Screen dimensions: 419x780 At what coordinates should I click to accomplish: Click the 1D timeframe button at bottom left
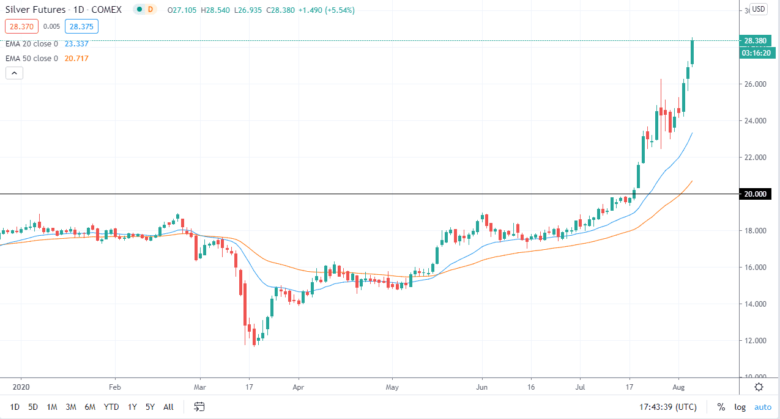click(x=15, y=407)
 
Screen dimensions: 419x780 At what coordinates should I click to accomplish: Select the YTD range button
click(x=111, y=407)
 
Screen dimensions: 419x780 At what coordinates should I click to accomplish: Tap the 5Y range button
click(x=150, y=407)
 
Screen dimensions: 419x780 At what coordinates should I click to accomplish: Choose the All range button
click(x=168, y=407)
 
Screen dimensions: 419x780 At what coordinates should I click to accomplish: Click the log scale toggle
click(x=740, y=407)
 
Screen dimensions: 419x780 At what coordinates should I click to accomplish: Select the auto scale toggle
click(x=762, y=407)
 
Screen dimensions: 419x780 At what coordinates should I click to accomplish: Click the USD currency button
click(x=759, y=9)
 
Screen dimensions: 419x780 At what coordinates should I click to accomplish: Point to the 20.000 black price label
click(x=754, y=194)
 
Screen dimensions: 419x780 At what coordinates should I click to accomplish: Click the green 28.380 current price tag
click(x=754, y=41)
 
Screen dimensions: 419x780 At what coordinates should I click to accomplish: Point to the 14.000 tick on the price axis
click(x=756, y=304)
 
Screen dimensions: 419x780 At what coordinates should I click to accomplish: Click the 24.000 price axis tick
click(x=756, y=121)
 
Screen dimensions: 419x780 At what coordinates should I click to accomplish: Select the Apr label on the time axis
click(x=298, y=387)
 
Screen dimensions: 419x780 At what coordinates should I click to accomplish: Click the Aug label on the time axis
click(x=678, y=387)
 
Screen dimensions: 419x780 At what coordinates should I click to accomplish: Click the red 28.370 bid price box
click(x=21, y=26)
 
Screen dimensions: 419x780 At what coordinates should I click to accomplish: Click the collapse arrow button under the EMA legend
click(x=15, y=73)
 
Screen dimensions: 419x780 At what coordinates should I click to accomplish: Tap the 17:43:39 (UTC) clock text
click(x=669, y=407)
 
